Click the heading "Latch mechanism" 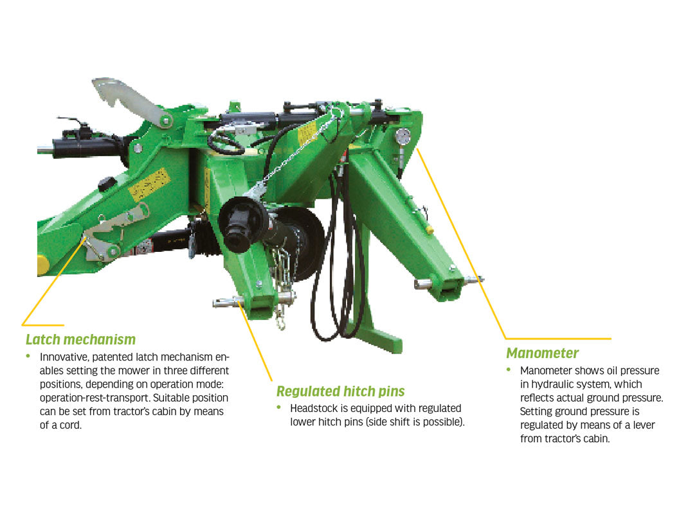[80, 339]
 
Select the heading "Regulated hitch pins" [340, 391]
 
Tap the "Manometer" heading [542, 353]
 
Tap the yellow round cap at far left [42, 265]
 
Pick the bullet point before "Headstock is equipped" [279, 407]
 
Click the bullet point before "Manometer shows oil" [509, 370]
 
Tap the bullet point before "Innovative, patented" [28, 356]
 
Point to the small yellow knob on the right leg [429, 229]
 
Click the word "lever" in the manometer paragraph [644, 425]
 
